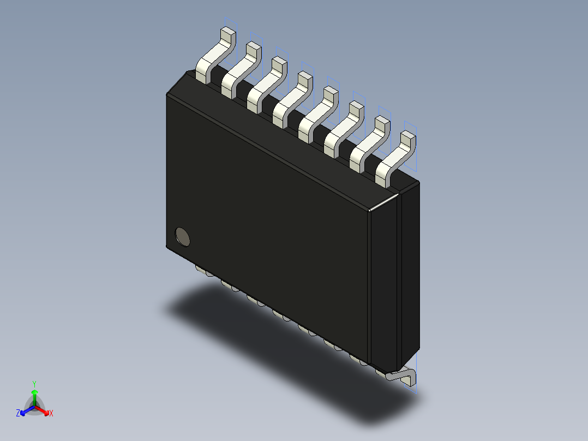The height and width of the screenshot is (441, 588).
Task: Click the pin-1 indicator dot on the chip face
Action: [x=183, y=236]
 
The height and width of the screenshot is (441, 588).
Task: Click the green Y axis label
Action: [x=34, y=384]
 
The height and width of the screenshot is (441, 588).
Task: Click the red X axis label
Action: [x=51, y=414]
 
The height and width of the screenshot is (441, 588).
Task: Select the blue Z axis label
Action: [x=18, y=414]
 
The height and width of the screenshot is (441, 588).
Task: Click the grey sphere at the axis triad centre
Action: [x=34, y=407]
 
